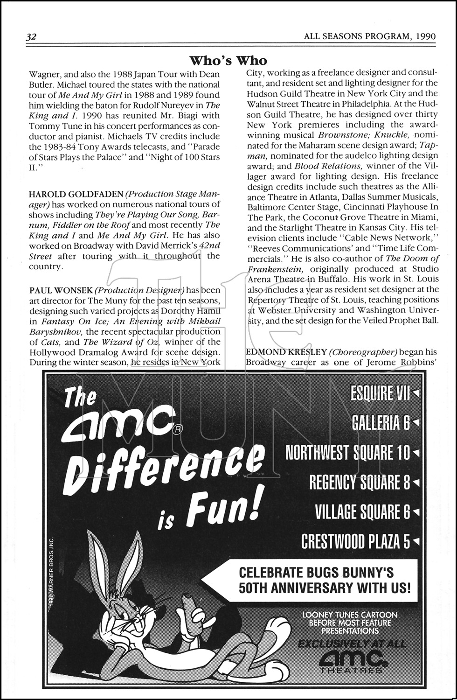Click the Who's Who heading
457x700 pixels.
[x=228, y=60]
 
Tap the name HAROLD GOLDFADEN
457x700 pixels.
[x=62, y=194]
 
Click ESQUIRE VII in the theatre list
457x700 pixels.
[x=380, y=394]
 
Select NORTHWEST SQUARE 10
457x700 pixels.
[x=347, y=452]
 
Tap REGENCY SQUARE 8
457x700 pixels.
[x=360, y=482]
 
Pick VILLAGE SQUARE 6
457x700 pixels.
[x=362, y=512]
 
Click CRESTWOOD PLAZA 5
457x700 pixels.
[x=355, y=541]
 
